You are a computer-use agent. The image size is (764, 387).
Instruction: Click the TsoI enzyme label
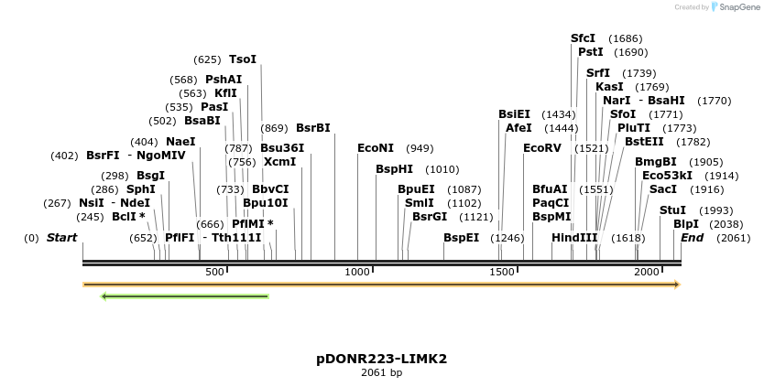coord(243,59)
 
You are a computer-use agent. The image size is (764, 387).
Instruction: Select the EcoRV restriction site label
coord(540,147)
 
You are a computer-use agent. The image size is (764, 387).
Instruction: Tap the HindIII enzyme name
coord(574,237)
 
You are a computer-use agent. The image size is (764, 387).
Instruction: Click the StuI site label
coord(672,210)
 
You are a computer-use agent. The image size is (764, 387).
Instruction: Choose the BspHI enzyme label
coord(394,169)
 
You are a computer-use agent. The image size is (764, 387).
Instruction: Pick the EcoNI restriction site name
coord(376,147)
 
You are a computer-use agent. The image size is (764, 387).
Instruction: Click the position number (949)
coord(420,148)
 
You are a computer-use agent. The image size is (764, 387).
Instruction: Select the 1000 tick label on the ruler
coord(358,272)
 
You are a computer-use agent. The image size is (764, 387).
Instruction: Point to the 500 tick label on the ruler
coord(215,272)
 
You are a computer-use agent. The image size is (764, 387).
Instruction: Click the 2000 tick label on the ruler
coord(648,272)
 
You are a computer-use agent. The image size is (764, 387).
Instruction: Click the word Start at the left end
coord(62,238)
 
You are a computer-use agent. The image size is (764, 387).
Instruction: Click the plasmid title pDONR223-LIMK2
coord(381,359)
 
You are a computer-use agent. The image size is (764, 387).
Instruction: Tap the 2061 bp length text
coord(381,372)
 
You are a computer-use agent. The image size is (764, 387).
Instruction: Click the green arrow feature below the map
coord(184,296)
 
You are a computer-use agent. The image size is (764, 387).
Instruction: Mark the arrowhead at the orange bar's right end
coord(677,285)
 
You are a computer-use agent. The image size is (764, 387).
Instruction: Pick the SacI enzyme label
coord(663,188)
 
